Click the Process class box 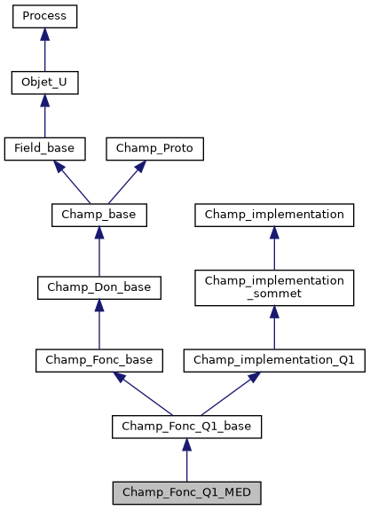pos(44,17)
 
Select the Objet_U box pos(44,83)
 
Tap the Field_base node pos(44,149)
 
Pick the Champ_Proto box pos(154,149)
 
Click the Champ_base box pos(98,215)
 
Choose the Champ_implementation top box pos(274,215)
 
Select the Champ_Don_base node pos(98,287)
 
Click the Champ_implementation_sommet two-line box pos(274,287)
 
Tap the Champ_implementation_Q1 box pos(274,360)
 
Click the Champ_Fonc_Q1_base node pos(186,427)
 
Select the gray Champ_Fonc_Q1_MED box pos(186,492)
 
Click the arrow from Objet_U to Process pos(44,50)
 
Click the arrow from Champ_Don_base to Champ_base pos(98,251)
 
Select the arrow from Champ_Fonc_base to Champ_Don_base pos(98,324)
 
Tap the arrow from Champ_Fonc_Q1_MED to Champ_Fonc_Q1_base pos(186,459)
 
